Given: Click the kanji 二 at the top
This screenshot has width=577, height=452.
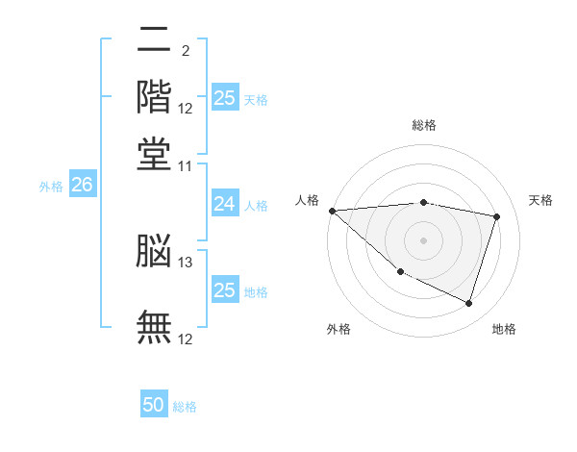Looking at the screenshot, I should (154, 41).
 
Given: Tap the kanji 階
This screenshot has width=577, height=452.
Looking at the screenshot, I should (154, 97).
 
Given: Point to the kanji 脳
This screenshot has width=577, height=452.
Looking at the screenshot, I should (154, 251).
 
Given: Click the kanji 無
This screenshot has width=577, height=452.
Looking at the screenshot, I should (154, 326).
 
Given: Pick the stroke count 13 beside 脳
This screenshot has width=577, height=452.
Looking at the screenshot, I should (186, 262).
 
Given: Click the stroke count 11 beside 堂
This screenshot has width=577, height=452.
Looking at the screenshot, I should (186, 164).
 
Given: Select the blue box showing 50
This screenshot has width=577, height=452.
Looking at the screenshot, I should (154, 405).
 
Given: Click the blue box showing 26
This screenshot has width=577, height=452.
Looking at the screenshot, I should (82, 186).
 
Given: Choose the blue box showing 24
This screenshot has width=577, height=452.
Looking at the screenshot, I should (224, 204).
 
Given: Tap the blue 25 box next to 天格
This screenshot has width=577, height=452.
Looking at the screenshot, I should (224, 98).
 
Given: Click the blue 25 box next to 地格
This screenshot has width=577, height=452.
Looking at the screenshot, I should (224, 290).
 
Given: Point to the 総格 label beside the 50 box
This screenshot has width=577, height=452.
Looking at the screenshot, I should (185, 407).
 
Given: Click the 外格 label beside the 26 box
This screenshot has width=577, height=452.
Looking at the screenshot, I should (51, 187).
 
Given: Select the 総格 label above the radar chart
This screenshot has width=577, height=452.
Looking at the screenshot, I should (423, 125).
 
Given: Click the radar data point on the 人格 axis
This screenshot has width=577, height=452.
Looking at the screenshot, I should (332, 211).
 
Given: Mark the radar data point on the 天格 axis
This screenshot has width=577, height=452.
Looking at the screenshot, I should (497, 216).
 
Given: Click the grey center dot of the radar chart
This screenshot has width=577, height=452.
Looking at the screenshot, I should (423, 239).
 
